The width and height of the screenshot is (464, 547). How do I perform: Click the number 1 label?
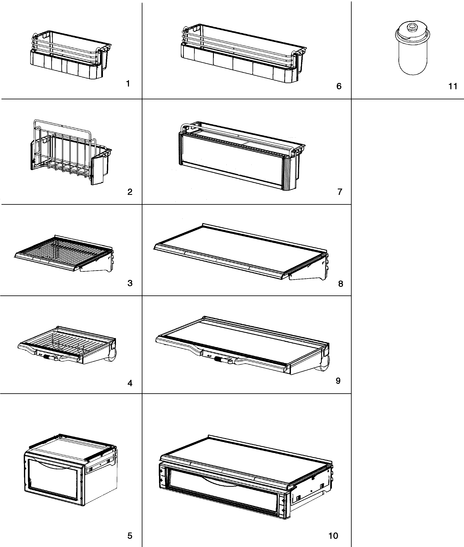(x=128, y=84)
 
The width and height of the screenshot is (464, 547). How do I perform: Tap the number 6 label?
(x=339, y=86)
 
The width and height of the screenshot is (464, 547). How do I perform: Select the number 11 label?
(x=453, y=86)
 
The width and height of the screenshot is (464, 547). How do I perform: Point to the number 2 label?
(x=130, y=192)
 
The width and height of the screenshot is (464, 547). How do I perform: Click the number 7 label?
(x=340, y=192)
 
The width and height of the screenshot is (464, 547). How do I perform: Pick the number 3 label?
(x=130, y=283)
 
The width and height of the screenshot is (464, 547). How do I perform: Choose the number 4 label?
(x=130, y=383)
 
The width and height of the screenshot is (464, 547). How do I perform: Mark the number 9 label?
(x=338, y=380)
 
